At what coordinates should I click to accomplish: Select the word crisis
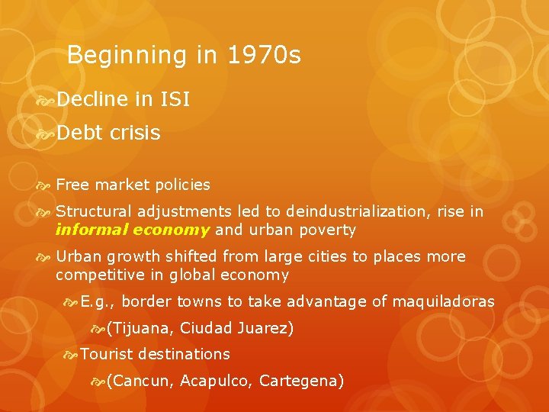[135, 133]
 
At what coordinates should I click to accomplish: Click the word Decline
[91, 99]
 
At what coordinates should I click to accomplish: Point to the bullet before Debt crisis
[44, 134]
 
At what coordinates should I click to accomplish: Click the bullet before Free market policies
[44, 185]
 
